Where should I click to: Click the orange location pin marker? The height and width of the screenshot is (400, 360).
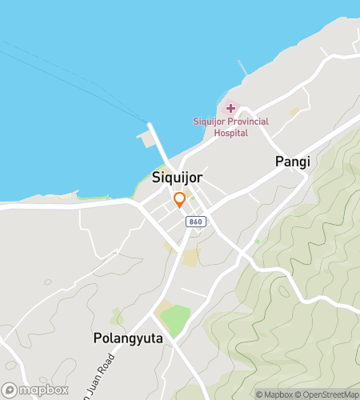(x=180, y=199)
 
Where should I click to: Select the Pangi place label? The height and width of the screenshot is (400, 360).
(x=292, y=162)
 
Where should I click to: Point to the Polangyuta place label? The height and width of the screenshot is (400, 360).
(x=128, y=338)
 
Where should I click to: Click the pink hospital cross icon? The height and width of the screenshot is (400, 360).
(x=230, y=107)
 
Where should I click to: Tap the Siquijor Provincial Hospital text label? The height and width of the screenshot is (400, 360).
(x=230, y=126)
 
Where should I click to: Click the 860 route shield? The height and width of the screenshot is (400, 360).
(x=195, y=221)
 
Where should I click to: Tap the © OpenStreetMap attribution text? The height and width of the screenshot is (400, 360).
(x=326, y=394)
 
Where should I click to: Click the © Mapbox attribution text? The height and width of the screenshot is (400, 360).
(x=274, y=394)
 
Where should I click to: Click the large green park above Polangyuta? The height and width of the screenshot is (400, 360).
(x=176, y=320)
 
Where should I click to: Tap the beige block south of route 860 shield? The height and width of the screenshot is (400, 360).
(x=190, y=258)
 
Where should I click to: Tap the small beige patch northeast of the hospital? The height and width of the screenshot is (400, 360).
(x=294, y=112)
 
